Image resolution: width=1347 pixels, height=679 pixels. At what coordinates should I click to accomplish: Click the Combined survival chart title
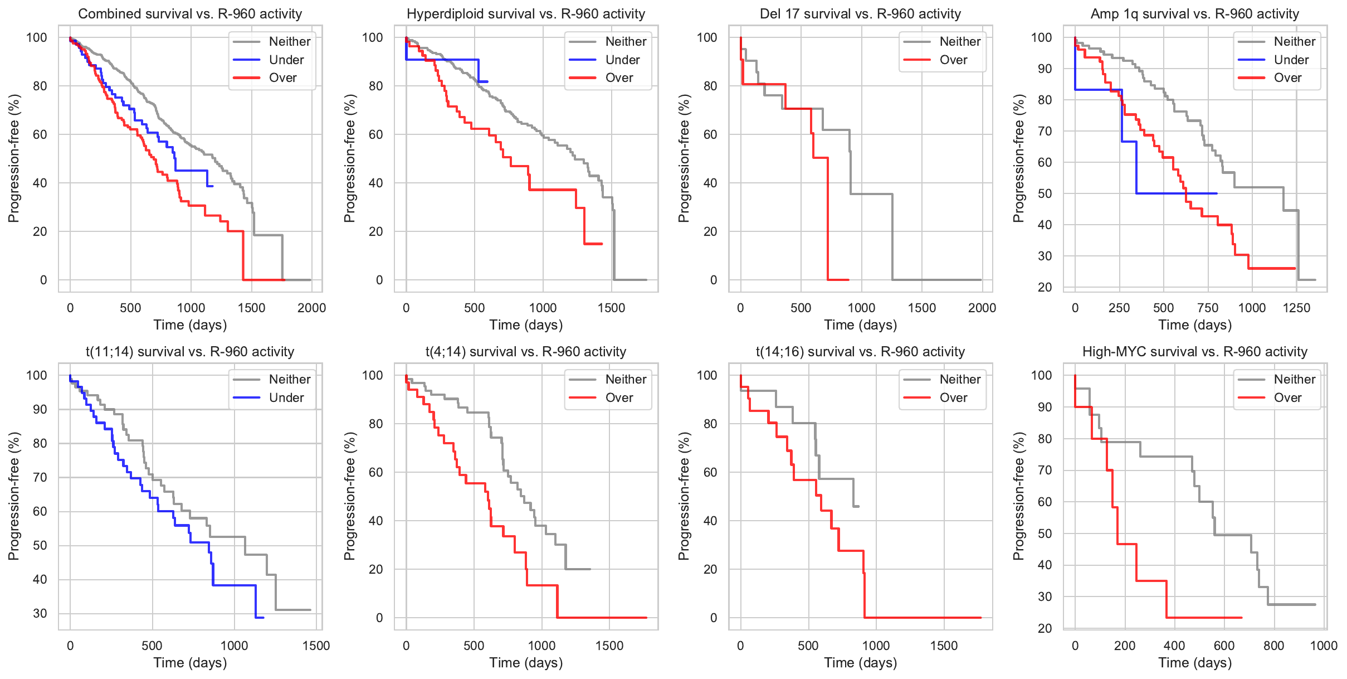[x=190, y=14]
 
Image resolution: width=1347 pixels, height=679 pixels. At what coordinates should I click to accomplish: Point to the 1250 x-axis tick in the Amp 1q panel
[x=1296, y=308]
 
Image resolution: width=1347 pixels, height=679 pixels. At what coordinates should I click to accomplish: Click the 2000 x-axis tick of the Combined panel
[x=311, y=308]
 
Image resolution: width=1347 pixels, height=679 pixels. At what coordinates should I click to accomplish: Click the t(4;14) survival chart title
[x=526, y=352]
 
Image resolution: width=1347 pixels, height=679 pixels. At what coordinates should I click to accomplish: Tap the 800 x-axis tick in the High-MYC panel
[x=1274, y=646]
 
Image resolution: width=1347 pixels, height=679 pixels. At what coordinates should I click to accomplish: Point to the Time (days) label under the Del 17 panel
[x=861, y=325]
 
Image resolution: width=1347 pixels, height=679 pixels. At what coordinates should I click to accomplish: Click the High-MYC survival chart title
[x=1195, y=352]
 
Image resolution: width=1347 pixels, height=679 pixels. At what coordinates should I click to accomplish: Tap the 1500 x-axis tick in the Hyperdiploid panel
[x=611, y=308]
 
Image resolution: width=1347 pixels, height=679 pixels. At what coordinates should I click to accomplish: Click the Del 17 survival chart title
[x=861, y=14]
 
